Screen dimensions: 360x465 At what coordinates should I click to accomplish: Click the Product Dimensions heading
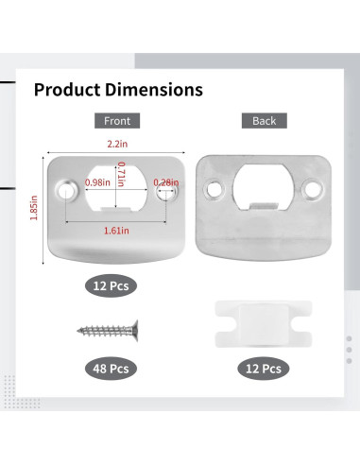tap(118, 90)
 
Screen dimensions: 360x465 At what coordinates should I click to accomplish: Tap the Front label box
tap(117, 121)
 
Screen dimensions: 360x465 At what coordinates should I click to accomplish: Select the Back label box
tap(265, 121)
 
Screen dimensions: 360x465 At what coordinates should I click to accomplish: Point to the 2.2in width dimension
tap(117, 144)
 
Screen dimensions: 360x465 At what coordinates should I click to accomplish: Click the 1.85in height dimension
tap(34, 208)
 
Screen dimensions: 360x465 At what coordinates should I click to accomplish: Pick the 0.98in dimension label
tap(97, 182)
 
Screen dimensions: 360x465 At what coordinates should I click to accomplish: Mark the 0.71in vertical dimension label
tap(121, 174)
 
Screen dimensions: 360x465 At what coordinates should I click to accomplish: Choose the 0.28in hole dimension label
tap(166, 182)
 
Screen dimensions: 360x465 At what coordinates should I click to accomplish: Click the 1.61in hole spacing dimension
tap(116, 231)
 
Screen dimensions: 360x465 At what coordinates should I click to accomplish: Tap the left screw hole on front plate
tap(66, 191)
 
